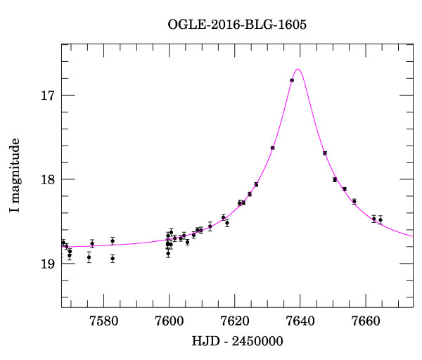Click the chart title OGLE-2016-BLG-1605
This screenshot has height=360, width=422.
(237, 24)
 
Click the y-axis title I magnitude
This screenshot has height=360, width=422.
(15, 175)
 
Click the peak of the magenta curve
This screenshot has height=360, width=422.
(298, 69)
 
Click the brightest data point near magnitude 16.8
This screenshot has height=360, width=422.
(292, 80)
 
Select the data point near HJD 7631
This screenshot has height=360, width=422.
(272, 148)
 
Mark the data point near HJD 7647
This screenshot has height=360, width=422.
(325, 153)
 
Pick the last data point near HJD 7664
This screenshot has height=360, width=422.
(381, 220)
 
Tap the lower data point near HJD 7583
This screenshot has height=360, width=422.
(113, 258)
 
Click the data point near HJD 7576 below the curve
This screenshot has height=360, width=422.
(89, 257)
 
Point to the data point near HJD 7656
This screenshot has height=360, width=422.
(354, 201)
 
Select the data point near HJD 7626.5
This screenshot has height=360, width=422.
(256, 184)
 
